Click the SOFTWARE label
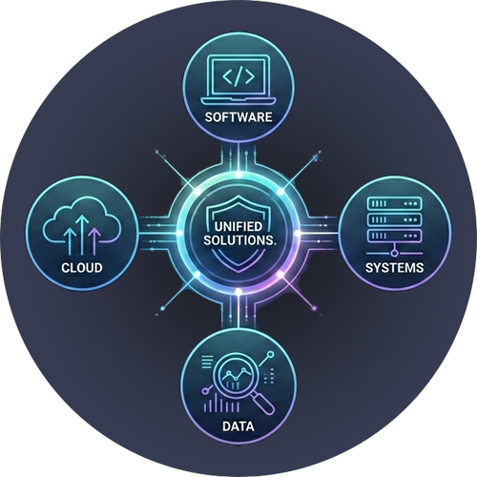[x=238, y=117]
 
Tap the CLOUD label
[x=82, y=267]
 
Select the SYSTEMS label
[x=394, y=267]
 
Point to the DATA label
[x=238, y=426]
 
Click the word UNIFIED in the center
[x=238, y=226]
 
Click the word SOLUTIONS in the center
[x=238, y=240]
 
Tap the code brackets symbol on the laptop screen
[x=238, y=76]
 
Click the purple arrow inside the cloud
[x=94, y=240]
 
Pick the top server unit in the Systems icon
[x=394, y=203]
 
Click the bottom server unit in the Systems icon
[x=394, y=236]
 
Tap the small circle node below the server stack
[x=394, y=253]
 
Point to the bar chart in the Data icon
[x=221, y=404]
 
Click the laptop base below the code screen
[x=238, y=101]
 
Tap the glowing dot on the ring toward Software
[x=238, y=175]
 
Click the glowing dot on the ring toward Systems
[x=298, y=233]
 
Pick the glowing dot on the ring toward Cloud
[x=179, y=233]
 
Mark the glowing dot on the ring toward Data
[x=238, y=291]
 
